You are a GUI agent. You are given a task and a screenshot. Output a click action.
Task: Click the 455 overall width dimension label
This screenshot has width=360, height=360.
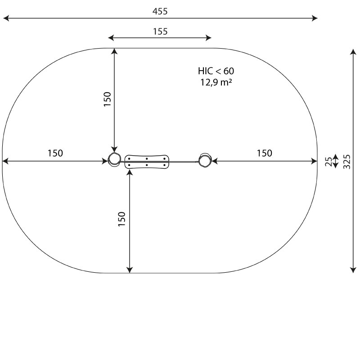point(160,11)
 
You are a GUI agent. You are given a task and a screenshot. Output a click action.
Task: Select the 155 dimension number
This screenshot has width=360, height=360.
point(160,31)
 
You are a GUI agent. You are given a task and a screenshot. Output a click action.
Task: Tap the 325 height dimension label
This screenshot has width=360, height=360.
point(347,162)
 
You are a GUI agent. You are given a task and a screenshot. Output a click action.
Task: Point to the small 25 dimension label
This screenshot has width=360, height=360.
point(328,162)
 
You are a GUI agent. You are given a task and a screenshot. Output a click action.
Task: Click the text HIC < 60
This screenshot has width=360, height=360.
point(216,71)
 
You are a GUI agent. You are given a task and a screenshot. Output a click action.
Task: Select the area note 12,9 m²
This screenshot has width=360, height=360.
point(216,82)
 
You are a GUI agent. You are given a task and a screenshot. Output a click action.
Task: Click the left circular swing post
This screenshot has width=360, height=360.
point(114,159)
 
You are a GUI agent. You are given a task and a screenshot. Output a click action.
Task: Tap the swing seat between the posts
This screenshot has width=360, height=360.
point(147,162)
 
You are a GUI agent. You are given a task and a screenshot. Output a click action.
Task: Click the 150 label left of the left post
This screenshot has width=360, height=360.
point(55,153)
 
